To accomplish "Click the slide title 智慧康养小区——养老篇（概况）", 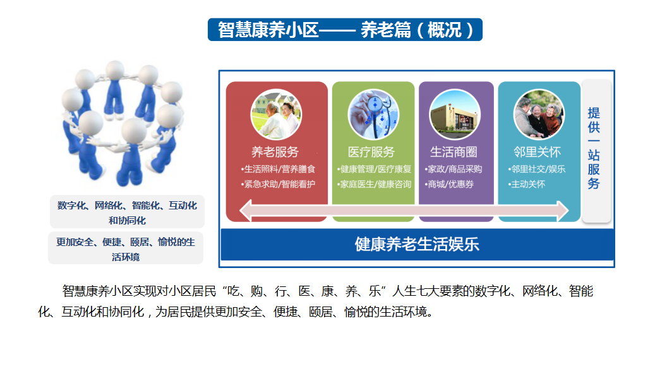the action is pyautogui.click(x=345, y=30).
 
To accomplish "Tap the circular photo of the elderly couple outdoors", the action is pyautogui.click(x=276, y=115).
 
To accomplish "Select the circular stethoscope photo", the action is pyautogui.click(x=373, y=115).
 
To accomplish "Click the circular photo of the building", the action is pyautogui.click(x=455, y=115).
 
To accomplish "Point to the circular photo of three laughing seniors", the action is pyautogui.click(x=539, y=115).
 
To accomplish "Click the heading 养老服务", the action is pyautogui.click(x=275, y=152).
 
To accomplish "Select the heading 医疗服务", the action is pyautogui.click(x=371, y=152).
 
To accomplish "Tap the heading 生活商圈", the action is pyautogui.click(x=454, y=152).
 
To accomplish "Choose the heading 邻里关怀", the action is pyautogui.click(x=538, y=152).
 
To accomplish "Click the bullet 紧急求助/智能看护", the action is pyautogui.click(x=278, y=184).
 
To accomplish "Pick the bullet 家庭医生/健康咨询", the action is pyautogui.click(x=375, y=184).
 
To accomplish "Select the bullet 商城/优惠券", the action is pyautogui.click(x=449, y=184).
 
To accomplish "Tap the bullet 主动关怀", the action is pyautogui.click(x=526, y=184).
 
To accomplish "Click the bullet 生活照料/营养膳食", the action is pyautogui.click(x=278, y=169).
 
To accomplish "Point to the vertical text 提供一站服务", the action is pyautogui.click(x=594, y=148).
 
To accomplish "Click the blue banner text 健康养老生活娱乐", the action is pyautogui.click(x=417, y=244).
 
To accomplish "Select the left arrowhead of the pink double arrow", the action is pyautogui.click(x=246, y=211).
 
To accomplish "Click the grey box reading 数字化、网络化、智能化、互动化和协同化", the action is pyautogui.click(x=127, y=212).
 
